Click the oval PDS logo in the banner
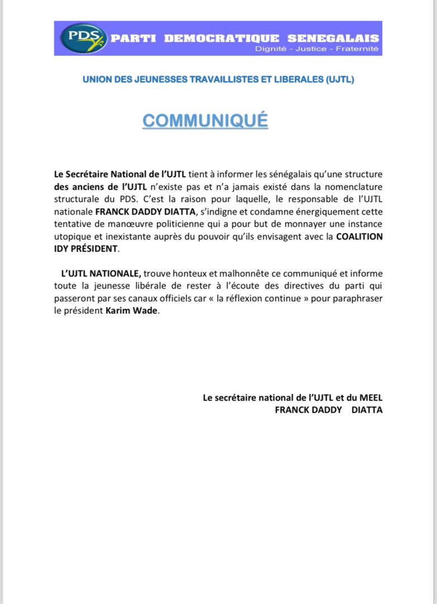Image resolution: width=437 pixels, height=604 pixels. (x=82, y=38)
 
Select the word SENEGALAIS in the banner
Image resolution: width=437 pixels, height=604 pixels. (x=333, y=39)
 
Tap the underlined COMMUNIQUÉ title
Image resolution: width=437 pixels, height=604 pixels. (x=205, y=120)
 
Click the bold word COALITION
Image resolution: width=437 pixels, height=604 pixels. (x=359, y=236)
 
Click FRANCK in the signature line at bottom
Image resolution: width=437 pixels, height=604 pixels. (x=294, y=410)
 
